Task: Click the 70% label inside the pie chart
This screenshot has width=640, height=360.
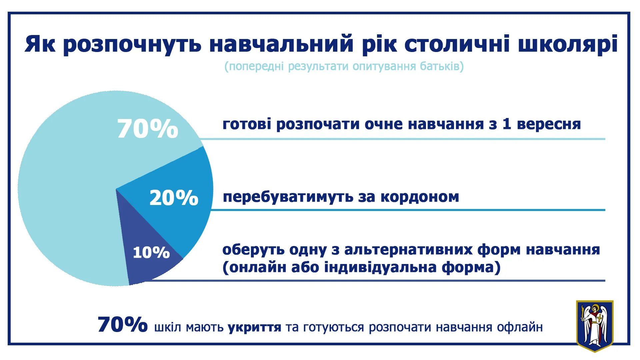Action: [148, 129]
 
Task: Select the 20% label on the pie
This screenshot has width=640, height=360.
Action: [174, 198]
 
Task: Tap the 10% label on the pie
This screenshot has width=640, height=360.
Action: [151, 252]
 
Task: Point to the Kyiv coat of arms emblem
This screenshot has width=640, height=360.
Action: [595, 326]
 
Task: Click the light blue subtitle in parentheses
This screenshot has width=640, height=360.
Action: [344, 66]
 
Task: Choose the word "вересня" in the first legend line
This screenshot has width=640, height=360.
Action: [549, 124]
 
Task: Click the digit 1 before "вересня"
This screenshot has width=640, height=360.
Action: [507, 124]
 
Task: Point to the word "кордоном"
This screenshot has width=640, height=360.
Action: [420, 197]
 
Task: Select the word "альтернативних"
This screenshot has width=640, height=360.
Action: [408, 250]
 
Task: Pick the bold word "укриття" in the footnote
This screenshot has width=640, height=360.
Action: [254, 328]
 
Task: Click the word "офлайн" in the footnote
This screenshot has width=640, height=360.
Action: [520, 327]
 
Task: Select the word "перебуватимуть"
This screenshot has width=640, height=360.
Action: [288, 197]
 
